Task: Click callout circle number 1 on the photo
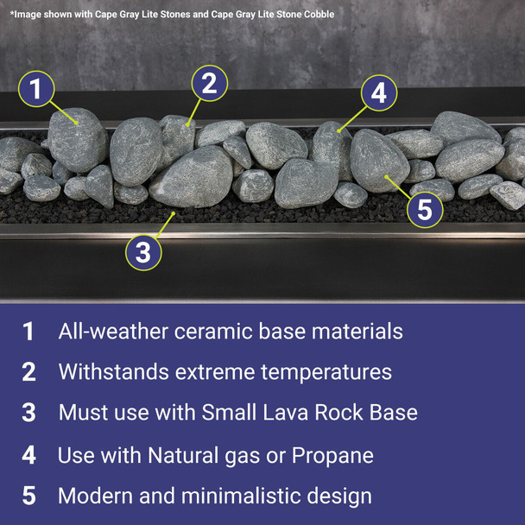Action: (x=36, y=89)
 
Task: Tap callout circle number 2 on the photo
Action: (x=209, y=84)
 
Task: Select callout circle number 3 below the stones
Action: (x=143, y=253)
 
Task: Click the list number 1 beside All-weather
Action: (x=28, y=332)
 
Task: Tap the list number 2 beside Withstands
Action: (x=28, y=372)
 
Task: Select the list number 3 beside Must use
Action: (x=28, y=413)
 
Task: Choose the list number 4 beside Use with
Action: (x=28, y=455)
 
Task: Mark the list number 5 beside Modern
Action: (x=28, y=497)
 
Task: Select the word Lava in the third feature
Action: (x=278, y=413)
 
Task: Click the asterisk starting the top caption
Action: (x=12, y=13)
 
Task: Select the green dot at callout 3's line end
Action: (x=174, y=212)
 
